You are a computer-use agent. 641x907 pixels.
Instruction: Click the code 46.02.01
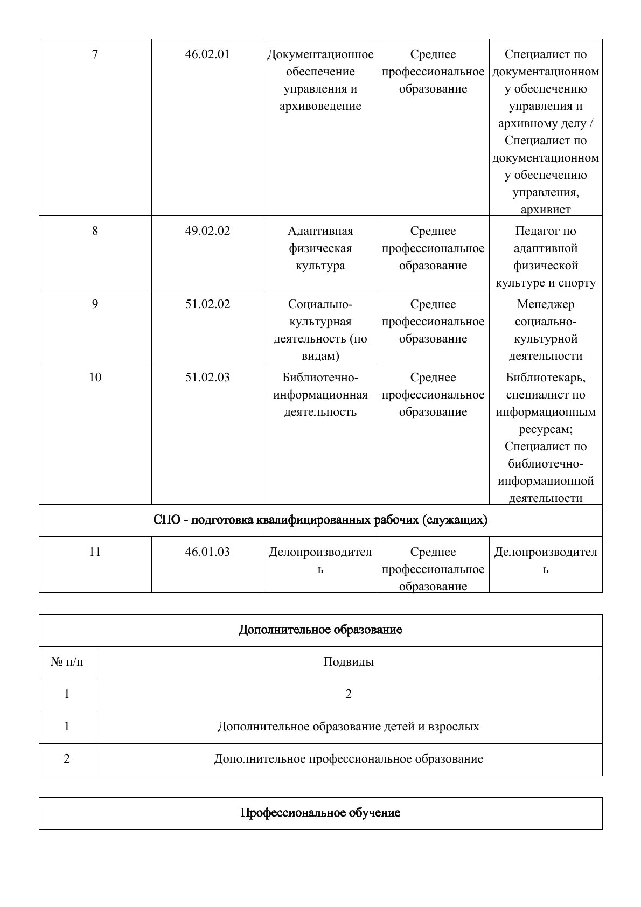point(207,54)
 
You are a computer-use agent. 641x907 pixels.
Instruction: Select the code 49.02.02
point(207,231)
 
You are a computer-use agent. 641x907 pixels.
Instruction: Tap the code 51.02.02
point(207,304)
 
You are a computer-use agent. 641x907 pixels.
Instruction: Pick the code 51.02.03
point(207,378)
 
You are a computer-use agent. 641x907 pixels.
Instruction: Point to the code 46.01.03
point(207,552)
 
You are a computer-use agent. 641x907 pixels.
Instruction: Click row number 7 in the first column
point(95,54)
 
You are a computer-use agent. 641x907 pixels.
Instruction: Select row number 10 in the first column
point(95,378)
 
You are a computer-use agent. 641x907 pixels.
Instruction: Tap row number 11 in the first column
point(95,552)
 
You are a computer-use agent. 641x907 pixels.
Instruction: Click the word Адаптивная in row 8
point(320,231)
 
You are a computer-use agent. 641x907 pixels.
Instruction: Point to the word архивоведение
point(320,106)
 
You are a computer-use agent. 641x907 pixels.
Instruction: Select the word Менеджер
point(546,304)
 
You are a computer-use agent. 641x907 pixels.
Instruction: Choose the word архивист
point(546,210)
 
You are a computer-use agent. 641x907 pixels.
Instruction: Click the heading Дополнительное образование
point(320,630)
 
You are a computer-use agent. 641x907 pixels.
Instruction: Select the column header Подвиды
point(348,662)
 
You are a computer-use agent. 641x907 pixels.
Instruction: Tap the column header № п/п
point(67,662)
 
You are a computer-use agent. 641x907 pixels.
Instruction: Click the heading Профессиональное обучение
point(320,813)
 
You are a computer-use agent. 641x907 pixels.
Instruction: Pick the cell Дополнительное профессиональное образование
point(348,759)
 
